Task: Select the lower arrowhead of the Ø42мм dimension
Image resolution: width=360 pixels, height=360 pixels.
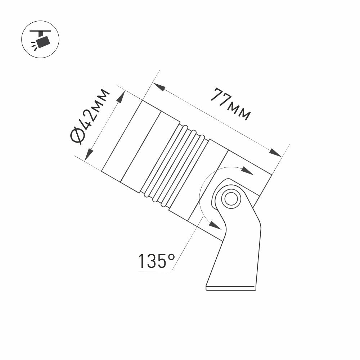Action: (x=89, y=154)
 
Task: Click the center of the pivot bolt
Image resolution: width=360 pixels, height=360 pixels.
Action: (x=230, y=198)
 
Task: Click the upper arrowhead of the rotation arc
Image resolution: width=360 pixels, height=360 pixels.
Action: (x=248, y=171)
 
